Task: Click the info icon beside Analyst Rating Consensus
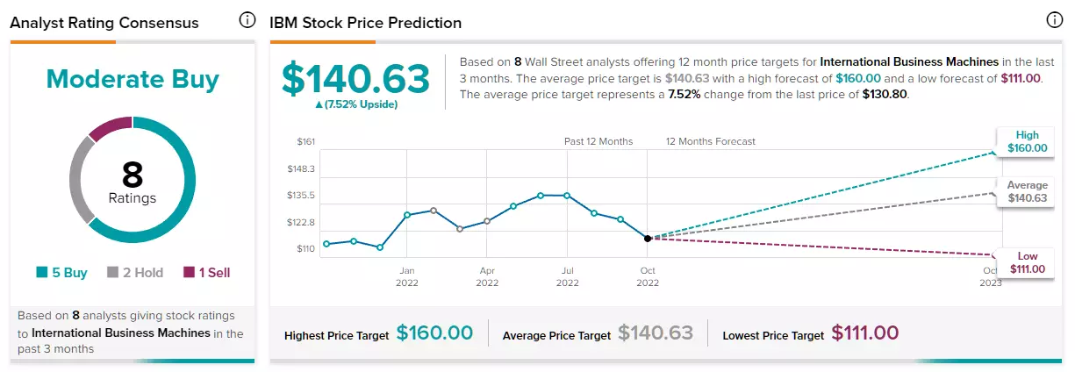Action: point(247,20)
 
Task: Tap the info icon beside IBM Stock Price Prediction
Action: point(1054,20)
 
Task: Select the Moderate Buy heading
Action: point(133,79)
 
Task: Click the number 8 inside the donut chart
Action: point(133,174)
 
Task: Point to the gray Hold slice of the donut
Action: point(78,177)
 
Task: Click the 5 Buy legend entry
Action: point(62,273)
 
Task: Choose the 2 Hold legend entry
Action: point(135,273)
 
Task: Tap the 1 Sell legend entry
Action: point(207,273)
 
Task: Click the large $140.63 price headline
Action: point(355,79)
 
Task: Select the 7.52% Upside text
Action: point(356,104)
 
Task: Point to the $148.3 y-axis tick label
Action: point(301,168)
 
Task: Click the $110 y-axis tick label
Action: point(305,248)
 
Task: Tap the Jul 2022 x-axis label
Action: point(567,276)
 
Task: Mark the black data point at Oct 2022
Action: point(648,239)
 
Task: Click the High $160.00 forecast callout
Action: point(1026,141)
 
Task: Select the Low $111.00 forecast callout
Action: point(1026,262)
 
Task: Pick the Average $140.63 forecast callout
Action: point(1026,191)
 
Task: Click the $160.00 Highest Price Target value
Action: point(434,333)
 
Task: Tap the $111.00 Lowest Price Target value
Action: point(864,333)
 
